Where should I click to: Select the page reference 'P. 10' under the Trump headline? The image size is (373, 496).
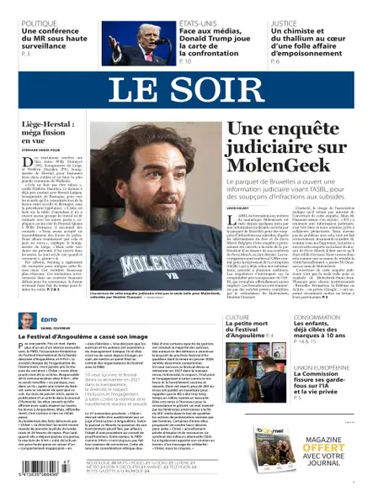coord(185,62)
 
